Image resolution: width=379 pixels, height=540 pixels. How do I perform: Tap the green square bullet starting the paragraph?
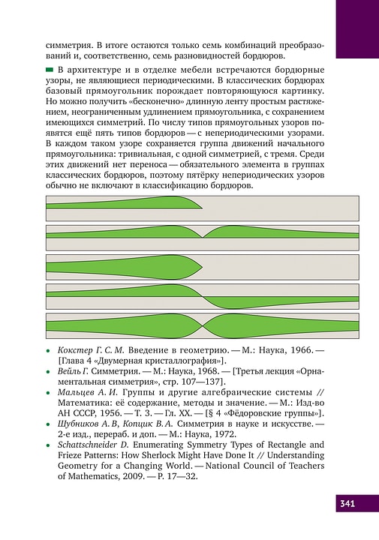point(51,69)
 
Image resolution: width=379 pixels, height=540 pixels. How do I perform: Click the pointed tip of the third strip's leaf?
point(203,268)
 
